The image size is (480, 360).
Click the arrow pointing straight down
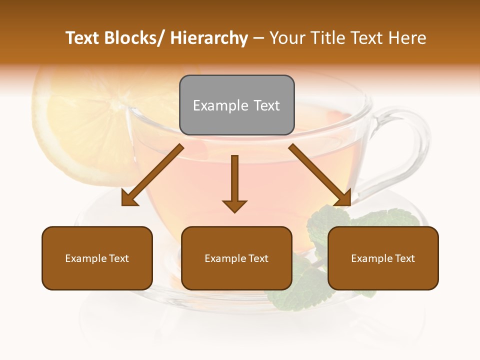234,183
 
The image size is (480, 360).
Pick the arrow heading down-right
320,175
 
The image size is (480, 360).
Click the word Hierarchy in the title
209,38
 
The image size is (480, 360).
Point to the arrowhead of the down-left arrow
129,198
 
